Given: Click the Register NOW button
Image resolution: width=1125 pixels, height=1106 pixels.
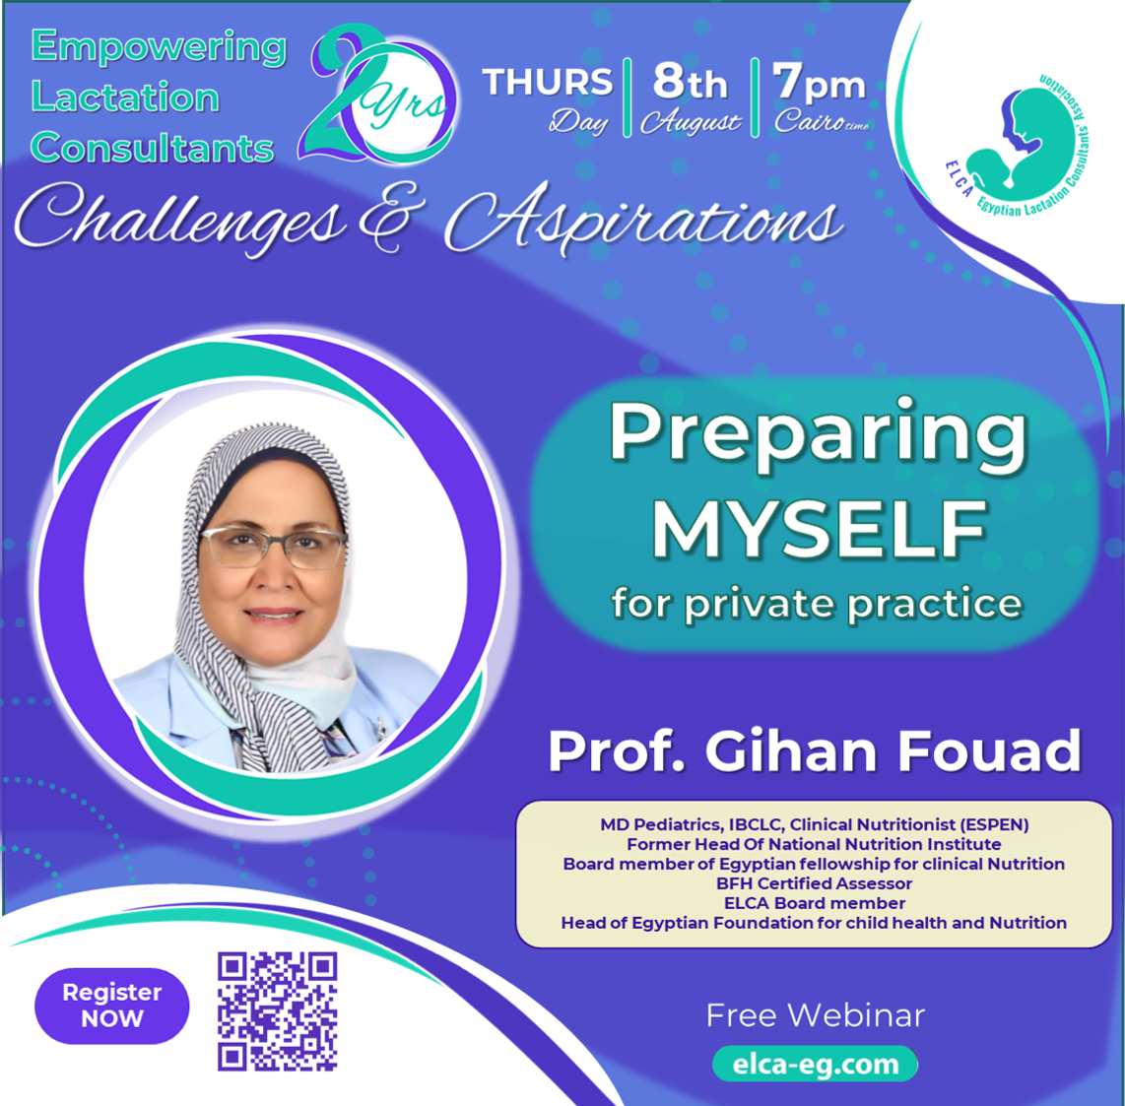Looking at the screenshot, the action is [112, 1006].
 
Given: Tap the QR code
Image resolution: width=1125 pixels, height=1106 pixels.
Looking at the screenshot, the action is [278, 1011].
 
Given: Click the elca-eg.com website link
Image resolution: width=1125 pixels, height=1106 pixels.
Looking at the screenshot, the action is [815, 1064].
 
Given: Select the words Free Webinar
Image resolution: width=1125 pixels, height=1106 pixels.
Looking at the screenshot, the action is [816, 1015].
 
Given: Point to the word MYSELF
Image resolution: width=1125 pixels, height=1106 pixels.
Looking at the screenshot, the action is [819, 529].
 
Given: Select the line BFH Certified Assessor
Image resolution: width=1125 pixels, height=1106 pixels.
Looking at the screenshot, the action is [815, 883].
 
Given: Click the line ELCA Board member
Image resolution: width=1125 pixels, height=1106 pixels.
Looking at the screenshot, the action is [815, 902].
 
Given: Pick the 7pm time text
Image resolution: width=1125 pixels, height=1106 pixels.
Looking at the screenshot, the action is [820, 83].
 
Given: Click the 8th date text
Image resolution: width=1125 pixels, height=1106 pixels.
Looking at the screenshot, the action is [691, 81].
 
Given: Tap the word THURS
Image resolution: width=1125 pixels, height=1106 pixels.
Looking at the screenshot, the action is [548, 82].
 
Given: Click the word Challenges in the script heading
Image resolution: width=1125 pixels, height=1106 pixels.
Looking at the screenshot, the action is [179, 219].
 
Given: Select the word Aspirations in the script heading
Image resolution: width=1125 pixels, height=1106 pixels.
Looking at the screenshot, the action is [643, 219].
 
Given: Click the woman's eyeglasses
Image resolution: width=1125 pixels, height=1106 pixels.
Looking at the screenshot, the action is [274, 548].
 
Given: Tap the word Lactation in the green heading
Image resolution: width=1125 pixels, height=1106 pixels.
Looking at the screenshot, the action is [125, 97].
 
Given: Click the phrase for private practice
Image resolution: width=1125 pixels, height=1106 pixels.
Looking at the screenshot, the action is [818, 603].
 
